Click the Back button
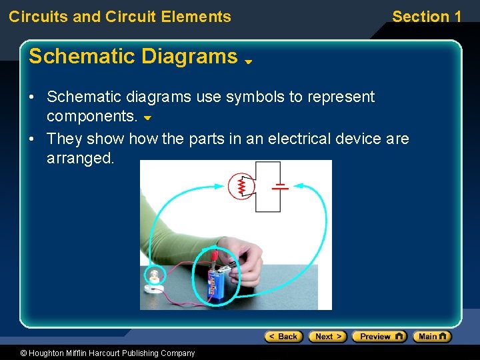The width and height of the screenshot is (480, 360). point(283,337)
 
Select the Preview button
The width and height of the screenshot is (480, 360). point(379,337)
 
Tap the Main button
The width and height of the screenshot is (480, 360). point(432,337)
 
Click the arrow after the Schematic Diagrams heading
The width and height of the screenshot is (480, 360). point(247,61)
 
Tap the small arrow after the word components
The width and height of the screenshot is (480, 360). point(148,118)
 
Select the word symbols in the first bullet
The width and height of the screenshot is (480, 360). point(255,97)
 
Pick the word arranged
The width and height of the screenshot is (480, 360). point(81,158)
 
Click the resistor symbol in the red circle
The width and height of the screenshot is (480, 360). point(241,186)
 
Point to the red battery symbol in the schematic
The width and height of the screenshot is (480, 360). point(281,186)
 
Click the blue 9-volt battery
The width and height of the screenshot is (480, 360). point(217,283)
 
